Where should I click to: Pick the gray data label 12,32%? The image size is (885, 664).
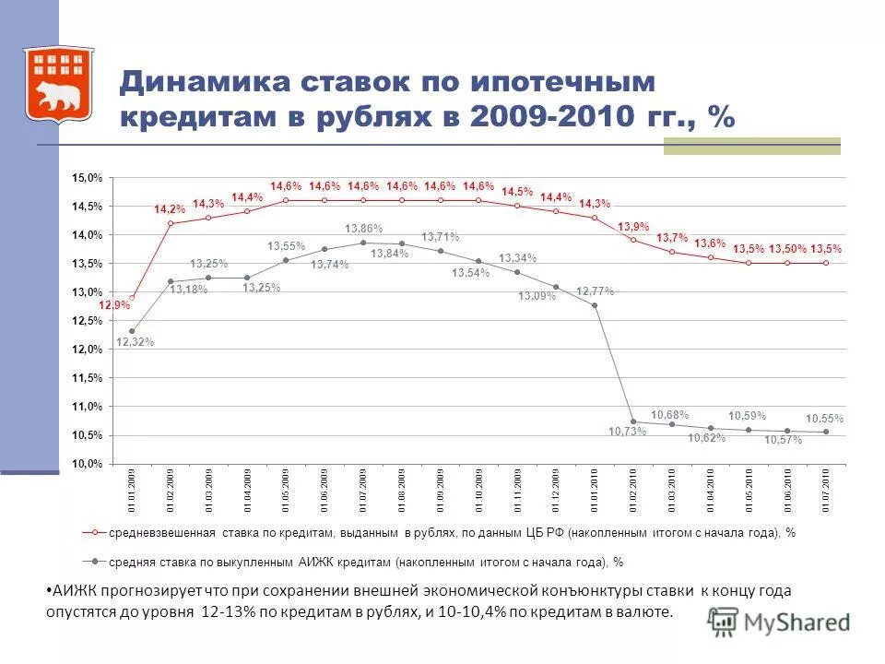(x=136, y=342)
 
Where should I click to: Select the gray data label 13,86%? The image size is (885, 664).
(x=363, y=228)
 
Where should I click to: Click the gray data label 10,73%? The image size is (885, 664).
(x=628, y=433)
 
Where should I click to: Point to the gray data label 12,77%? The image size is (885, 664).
(x=595, y=291)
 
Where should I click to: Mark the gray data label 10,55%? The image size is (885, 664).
(x=824, y=419)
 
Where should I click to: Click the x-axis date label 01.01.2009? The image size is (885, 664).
(x=133, y=490)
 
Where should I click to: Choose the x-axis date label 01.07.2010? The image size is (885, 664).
(x=827, y=490)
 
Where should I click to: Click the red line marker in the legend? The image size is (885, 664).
(x=93, y=533)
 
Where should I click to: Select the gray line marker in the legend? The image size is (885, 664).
(x=93, y=560)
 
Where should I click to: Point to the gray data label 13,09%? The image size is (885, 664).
(x=537, y=296)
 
